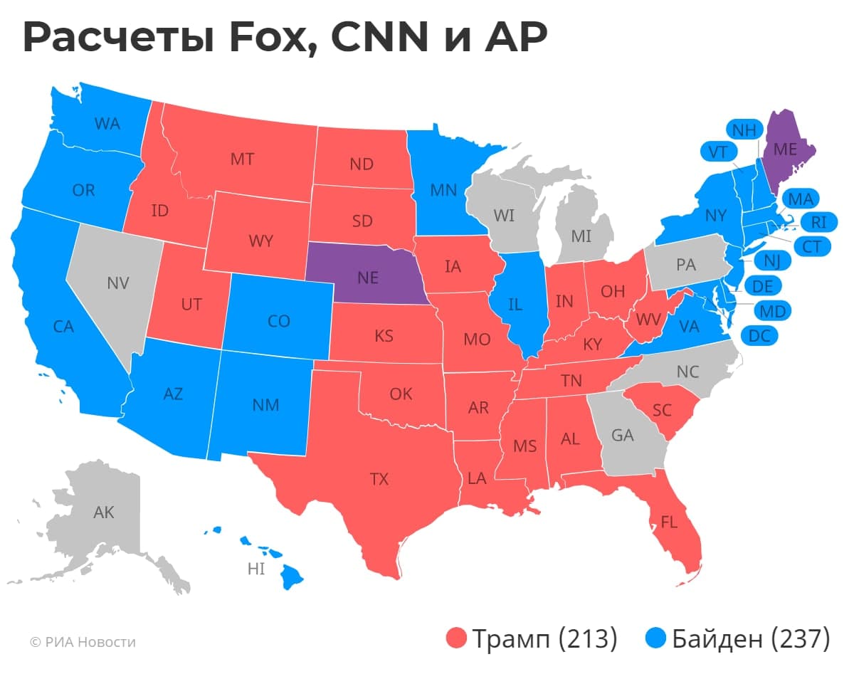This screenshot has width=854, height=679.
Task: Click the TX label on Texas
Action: coord(379,479)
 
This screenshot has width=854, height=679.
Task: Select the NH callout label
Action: coord(744,131)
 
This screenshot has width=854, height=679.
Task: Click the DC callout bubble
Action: coord(760,336)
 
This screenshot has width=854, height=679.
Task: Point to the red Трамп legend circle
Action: coord(456,638)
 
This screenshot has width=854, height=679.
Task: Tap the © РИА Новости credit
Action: coord(83,642)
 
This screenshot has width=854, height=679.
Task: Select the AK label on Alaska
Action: coord(104,512)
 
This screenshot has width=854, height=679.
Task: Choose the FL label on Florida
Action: coord(668,521)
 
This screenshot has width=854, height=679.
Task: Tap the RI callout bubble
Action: coord(818,222)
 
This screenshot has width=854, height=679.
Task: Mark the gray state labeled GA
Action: coord(622,435)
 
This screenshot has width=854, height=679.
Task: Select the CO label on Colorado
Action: coord(279,321)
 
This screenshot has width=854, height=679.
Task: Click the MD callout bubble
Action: coord(772,311)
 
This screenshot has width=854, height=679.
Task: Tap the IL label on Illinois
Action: coord(516,305)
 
